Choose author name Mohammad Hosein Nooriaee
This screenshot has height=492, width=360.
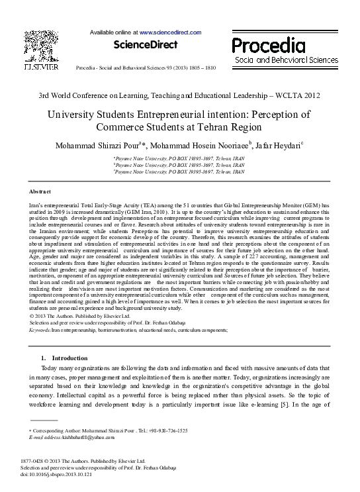(x=190, y=144)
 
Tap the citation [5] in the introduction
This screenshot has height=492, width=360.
(x=298, y=404)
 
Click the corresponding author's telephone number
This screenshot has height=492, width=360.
(x=165, y=430)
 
